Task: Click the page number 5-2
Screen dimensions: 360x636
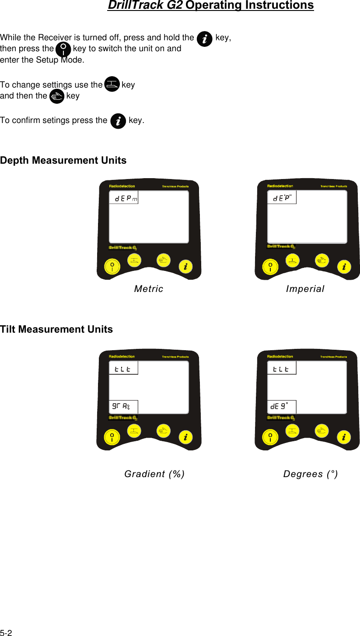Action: pos(6,633)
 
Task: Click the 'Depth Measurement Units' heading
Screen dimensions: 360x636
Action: pos(63,161)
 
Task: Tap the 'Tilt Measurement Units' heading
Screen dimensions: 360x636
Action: pos(56,330)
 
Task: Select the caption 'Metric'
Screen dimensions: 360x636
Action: pos(149,289)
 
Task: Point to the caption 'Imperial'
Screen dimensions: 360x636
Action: pos(305,289)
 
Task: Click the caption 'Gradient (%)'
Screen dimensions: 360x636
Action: pos(154,474)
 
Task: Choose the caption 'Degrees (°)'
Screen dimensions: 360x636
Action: pos(311,474)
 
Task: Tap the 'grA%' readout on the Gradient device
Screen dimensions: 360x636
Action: pos(120,407)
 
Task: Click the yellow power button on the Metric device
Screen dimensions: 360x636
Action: pos(112,267)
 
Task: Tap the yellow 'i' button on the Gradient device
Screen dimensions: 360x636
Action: pos(186,437)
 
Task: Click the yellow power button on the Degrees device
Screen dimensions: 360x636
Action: pos(270,437)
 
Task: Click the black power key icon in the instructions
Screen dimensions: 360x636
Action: pos(64,49)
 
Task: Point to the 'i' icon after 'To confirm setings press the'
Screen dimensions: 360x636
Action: pos(118,121)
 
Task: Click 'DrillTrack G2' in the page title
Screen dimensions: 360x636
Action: pos(145,6)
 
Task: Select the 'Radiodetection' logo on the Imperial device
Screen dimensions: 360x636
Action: pos(280,186)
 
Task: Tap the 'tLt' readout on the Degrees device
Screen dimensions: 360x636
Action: pos(281,369)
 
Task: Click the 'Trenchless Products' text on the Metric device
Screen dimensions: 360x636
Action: pos(175,186)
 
